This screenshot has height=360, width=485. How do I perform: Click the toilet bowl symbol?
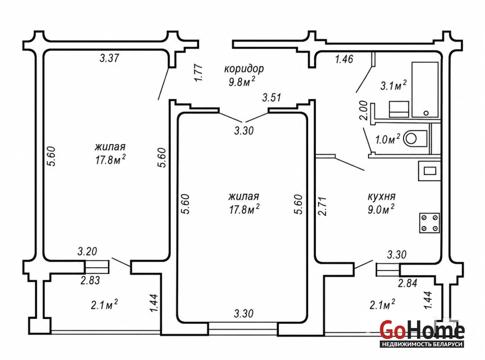(x=414, y=138)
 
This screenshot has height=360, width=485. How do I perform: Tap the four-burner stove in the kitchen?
(x=429, y=223)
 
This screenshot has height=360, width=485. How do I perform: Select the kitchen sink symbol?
(x=429, y=171)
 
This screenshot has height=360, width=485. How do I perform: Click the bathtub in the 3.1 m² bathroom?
(x=425, y=90)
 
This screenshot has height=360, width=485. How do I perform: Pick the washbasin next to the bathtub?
(x=399, y=109)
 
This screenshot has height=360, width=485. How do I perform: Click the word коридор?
(x=244, y=68)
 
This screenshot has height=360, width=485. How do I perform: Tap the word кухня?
(x=382, y=196)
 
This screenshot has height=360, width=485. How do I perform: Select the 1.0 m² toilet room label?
(x=387, y=140)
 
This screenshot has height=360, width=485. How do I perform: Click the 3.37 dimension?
(x=109, y=58)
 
